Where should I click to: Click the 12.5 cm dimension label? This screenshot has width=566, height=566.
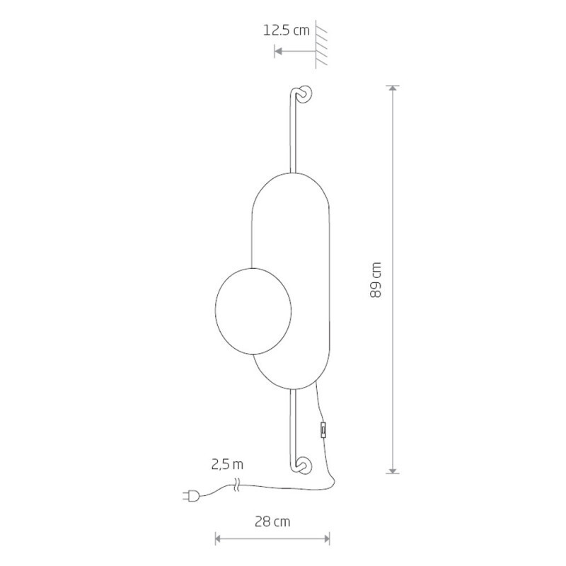[287, 30]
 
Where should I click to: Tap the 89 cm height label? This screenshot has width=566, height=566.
[376, 279]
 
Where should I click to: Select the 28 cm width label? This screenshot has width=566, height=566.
[272, 521]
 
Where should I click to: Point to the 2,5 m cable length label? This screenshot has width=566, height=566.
[227, 464]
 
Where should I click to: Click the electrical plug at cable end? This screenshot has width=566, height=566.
[191, 496]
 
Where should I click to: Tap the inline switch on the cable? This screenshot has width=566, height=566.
[324, 430]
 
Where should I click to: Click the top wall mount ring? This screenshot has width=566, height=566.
[305, 95]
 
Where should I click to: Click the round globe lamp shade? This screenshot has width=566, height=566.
[253, 311]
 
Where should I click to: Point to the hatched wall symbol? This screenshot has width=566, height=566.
[321, 44]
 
